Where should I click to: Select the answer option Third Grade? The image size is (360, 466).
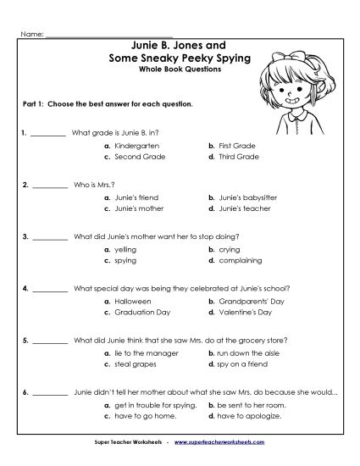pyautogui.click(x=236, y=156)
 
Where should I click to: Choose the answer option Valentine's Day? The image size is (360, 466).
pyautogui.click(x=241, y=312)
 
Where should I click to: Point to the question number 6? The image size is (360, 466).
pyautogui.click(x=26, y=393)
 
